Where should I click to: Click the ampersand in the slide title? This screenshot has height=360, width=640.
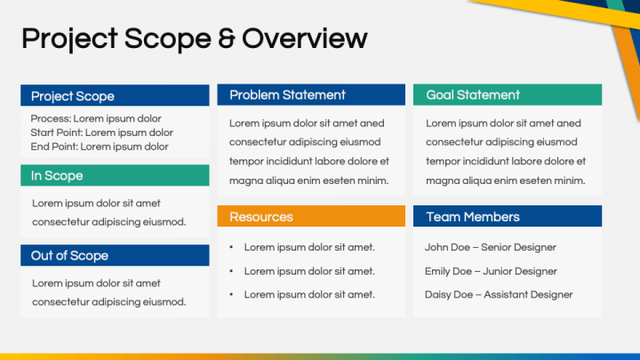tap(227, 38)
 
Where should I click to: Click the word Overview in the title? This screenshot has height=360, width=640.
tap(305, 38)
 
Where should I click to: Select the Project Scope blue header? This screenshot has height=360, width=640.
tap(115, 95)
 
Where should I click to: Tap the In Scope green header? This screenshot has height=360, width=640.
tap(115, 175)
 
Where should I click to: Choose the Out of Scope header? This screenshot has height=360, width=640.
tap(115, 255)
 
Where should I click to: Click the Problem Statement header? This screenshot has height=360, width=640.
tap(311, 95)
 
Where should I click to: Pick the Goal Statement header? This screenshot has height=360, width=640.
tap(508, 95)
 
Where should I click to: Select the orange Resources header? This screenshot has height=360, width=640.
tap(311, 216)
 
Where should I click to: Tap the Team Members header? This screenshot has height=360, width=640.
tap(508, 216)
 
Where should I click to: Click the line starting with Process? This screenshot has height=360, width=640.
tap(96, 119)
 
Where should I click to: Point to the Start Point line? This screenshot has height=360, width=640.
tap(101, 132)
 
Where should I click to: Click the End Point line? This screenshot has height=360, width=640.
tap(100, 147)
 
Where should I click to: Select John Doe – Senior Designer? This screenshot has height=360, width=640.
tap(490, 247)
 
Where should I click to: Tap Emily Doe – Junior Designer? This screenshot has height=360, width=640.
tap(491, 271)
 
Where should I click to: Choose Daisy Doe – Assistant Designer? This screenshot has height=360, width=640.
tap(499, 295)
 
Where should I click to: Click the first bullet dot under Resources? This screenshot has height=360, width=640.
tap(231, 247)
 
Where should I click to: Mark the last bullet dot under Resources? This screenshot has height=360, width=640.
tap(231, 295)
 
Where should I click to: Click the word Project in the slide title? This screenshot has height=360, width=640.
tap(69, 39)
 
